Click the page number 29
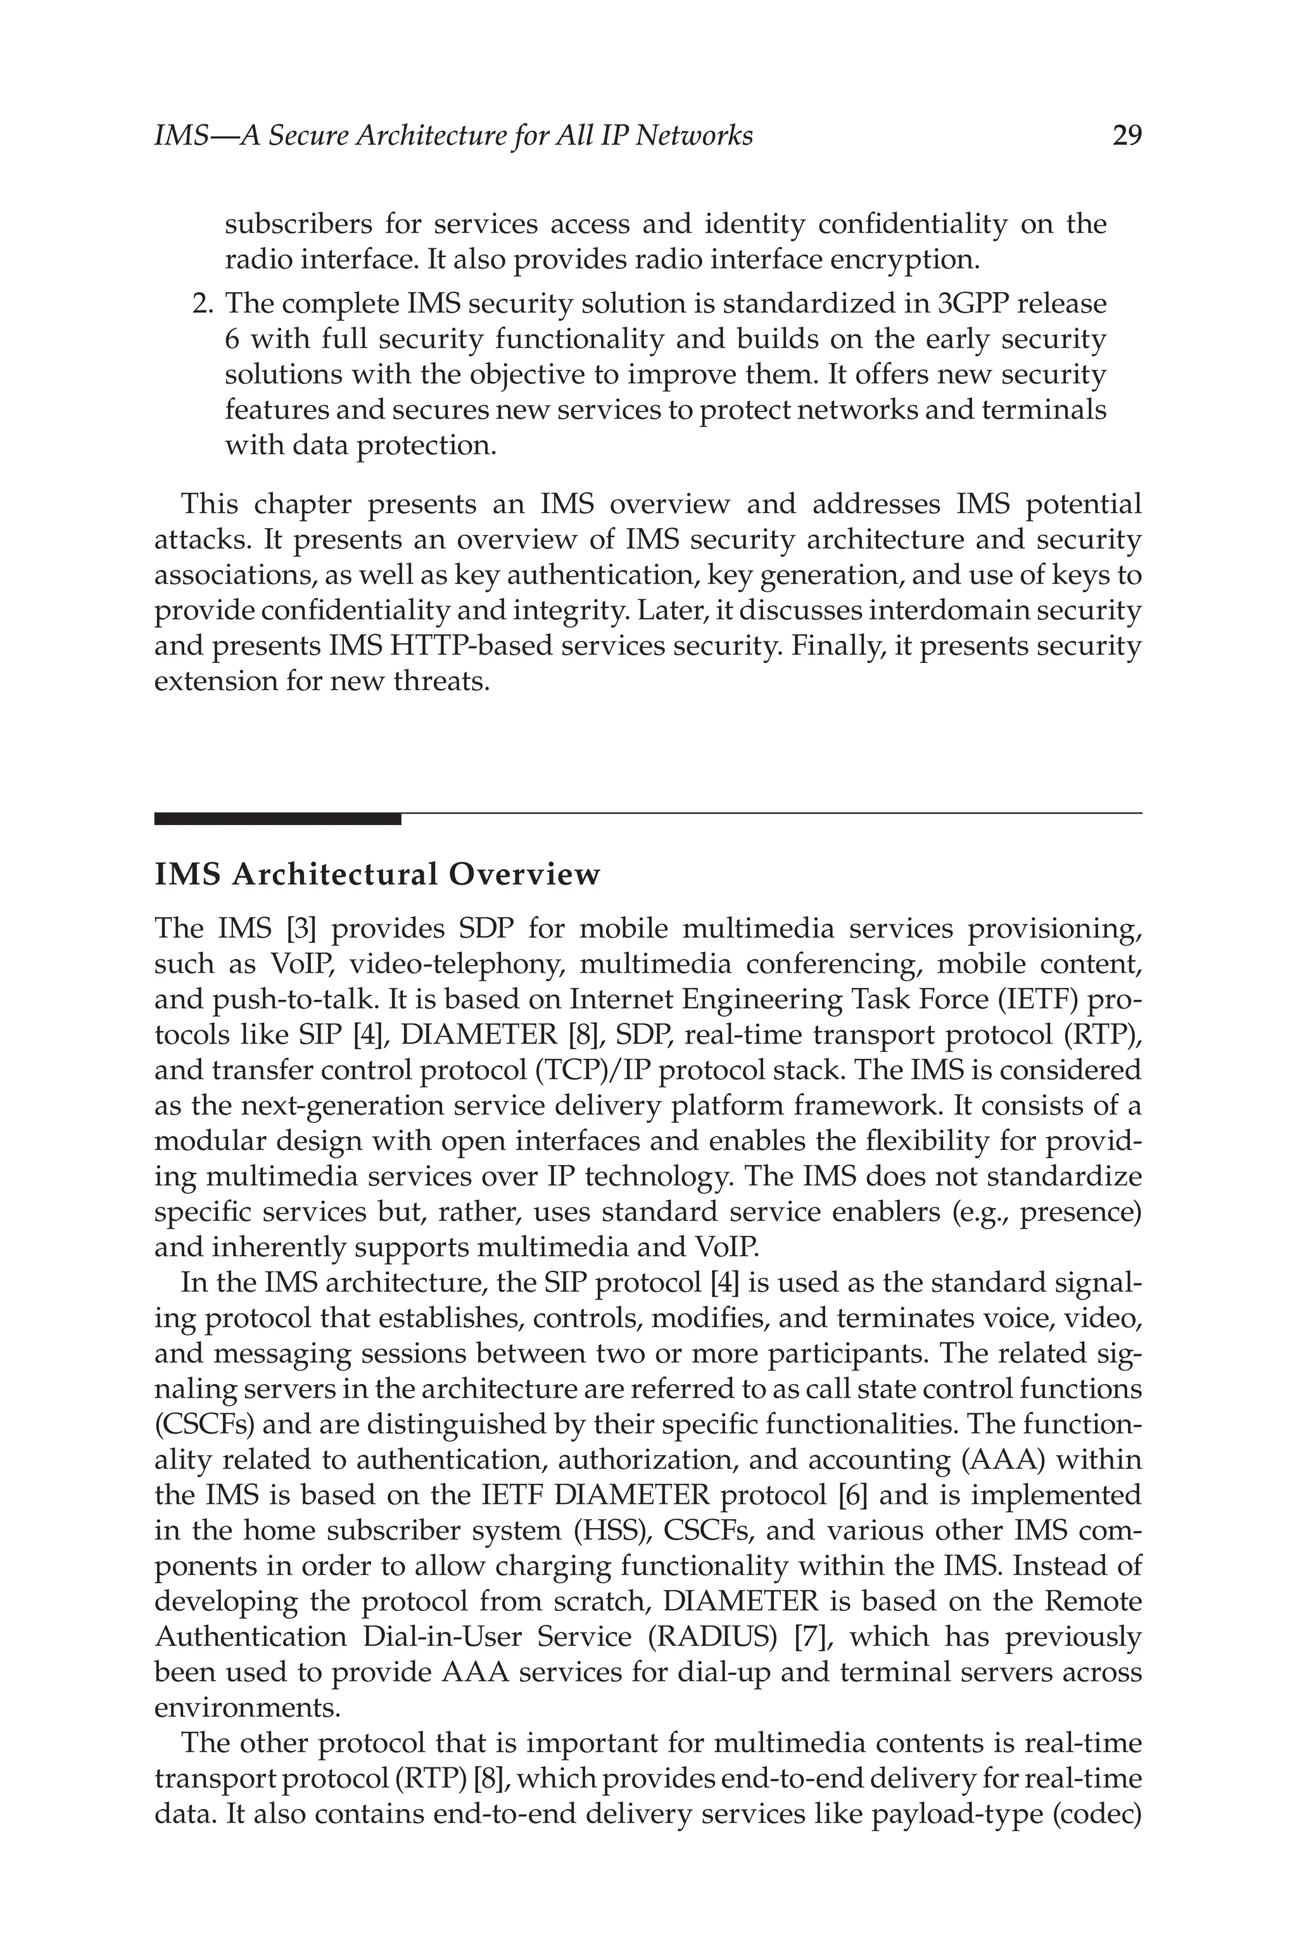click(1127, 136)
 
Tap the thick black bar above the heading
click(277, 819)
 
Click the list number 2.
click(202, 305)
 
